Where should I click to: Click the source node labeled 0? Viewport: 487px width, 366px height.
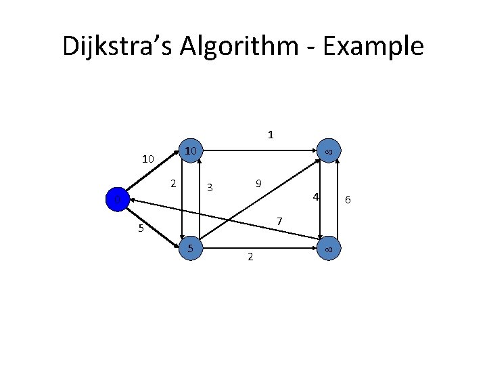(x=116, y=200)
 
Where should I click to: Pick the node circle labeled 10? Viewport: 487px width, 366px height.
(x=191, y=150)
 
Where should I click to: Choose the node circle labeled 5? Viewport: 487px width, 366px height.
(x=191, y=249)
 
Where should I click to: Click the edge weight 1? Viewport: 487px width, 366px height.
(x=271, y=134)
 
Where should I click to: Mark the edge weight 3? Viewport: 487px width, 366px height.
(x=210, y=187)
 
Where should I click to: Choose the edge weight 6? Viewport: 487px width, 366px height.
(x=348, y=199)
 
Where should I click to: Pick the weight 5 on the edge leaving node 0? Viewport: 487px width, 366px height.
(x=141, y=228)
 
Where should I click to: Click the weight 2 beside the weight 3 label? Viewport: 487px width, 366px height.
(x=174, y=183)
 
